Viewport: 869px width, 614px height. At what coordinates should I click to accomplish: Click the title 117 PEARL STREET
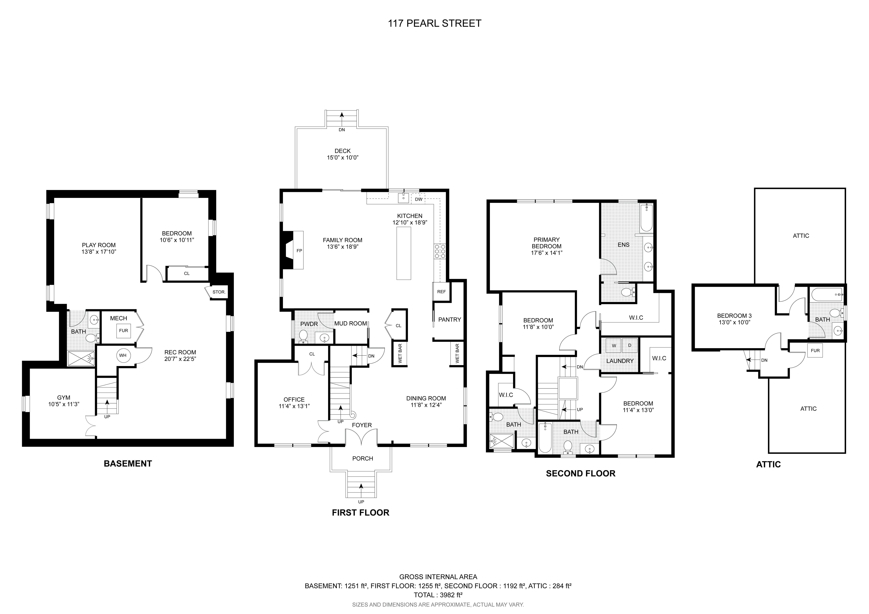(x=434, y=23)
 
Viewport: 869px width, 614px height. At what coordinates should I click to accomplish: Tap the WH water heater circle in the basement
(x=123, y=356)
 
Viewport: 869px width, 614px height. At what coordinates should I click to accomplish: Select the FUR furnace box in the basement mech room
(x=123, y=331)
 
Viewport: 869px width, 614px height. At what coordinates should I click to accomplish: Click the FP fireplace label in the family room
(x=299, y=250)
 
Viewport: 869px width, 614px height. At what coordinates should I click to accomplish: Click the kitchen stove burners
(x=440, y=251)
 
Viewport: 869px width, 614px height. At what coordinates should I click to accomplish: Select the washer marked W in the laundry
(x=614, y=345)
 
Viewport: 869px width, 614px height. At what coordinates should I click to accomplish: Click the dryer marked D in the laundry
(x=630, y=345)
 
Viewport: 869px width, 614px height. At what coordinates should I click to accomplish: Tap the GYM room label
(x=64, y=398)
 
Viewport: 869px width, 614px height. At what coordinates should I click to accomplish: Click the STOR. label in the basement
(x=219, y=292)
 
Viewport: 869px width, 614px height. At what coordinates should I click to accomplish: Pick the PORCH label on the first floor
(x=363, y=459)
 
